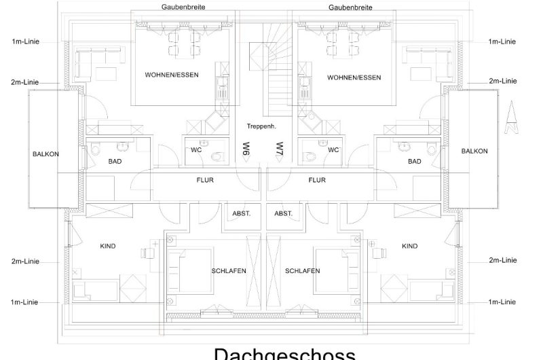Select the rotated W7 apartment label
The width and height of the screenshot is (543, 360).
tap(279, 149)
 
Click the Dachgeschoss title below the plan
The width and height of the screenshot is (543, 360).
tap(284, 353)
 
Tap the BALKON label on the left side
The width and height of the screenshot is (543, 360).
tap(45, 154)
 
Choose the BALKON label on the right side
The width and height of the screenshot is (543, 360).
tap(474, 151)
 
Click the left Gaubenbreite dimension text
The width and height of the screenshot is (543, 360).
tap(183, 7)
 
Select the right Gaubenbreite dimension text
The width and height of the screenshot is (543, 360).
tap(349, 7)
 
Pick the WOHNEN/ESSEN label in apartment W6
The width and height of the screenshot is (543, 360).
tap(172, 75)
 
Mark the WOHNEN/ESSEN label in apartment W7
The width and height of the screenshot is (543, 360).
tap(354, 77)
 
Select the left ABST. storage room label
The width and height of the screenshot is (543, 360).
tap(242, 213)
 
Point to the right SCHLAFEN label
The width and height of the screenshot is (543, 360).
tap(302, 271)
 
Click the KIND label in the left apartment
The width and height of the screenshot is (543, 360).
tap(107, 247)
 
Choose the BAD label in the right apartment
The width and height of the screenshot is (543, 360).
tap(414, 162)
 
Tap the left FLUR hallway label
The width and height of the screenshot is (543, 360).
tap(205, 180)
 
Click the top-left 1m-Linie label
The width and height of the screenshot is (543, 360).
tap(25, 41)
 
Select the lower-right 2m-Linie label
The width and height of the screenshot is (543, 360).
tap(502, 260)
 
